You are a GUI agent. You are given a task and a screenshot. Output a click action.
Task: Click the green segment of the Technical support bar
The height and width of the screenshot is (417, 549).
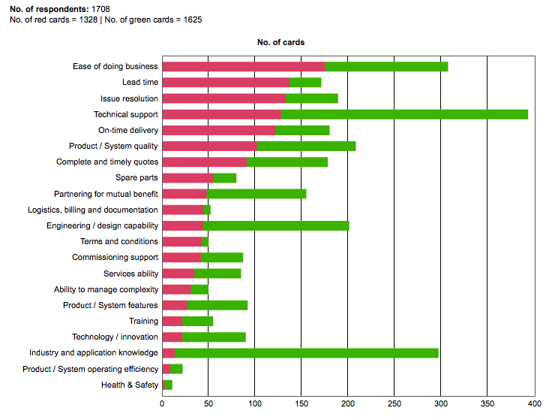coord(405,114)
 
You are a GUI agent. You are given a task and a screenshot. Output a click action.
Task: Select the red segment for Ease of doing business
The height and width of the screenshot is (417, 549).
coord(244,66)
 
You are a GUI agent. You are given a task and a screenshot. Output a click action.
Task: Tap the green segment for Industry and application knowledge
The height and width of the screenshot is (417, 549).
coord(307,352)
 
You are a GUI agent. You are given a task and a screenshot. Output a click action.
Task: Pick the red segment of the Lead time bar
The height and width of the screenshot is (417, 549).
coord(226,83)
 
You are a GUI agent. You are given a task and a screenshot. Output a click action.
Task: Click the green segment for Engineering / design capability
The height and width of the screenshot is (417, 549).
coord(276,225)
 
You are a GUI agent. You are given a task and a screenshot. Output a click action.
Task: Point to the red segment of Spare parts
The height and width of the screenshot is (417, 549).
coord(187,178)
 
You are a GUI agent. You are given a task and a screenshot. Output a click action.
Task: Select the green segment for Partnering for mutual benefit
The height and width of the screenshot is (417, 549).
coord(256,194)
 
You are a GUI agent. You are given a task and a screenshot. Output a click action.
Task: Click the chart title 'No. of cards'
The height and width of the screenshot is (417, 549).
coord(280,43)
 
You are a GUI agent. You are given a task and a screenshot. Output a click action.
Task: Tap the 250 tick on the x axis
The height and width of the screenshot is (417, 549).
coord(394,403)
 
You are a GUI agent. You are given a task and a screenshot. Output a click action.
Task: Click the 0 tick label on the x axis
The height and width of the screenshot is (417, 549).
coord(163,403)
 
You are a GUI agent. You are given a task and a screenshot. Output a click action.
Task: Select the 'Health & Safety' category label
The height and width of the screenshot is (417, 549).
coord(130,385)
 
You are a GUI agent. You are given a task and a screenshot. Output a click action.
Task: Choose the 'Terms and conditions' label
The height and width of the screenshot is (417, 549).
coord(119,241)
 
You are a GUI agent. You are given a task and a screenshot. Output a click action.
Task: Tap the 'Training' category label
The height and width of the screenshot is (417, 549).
coord(143,321)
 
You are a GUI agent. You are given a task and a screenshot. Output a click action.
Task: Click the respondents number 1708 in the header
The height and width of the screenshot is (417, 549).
coord(100,9)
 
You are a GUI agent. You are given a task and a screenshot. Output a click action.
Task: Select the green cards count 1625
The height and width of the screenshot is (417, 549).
coord(187,20)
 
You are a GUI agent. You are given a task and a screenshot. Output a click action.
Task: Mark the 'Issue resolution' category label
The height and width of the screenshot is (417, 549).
coord(129,98)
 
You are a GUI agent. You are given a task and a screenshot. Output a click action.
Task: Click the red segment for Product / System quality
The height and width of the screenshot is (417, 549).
coord(209,146)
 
